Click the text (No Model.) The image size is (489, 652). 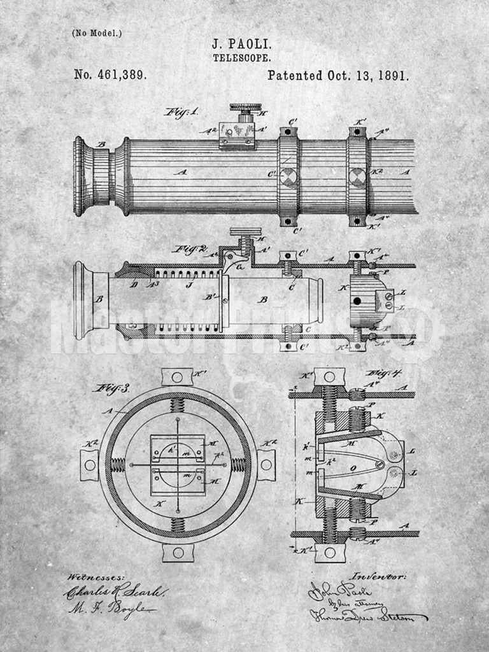coord(96,33)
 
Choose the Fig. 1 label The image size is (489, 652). coord(181,112)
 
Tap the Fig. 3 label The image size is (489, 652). coord(111,387)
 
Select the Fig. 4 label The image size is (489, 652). coord(384,373)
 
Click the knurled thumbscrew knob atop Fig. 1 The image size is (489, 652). coord(244,108)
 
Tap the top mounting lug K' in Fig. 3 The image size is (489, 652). coord(177,377)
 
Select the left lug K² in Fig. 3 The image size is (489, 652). coord(89,465)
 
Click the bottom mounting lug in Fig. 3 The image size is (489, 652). coord(178,552)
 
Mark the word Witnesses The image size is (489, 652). coord(96,577)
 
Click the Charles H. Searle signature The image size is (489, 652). coord(115,592)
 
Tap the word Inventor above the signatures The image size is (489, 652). coord(378,576)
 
